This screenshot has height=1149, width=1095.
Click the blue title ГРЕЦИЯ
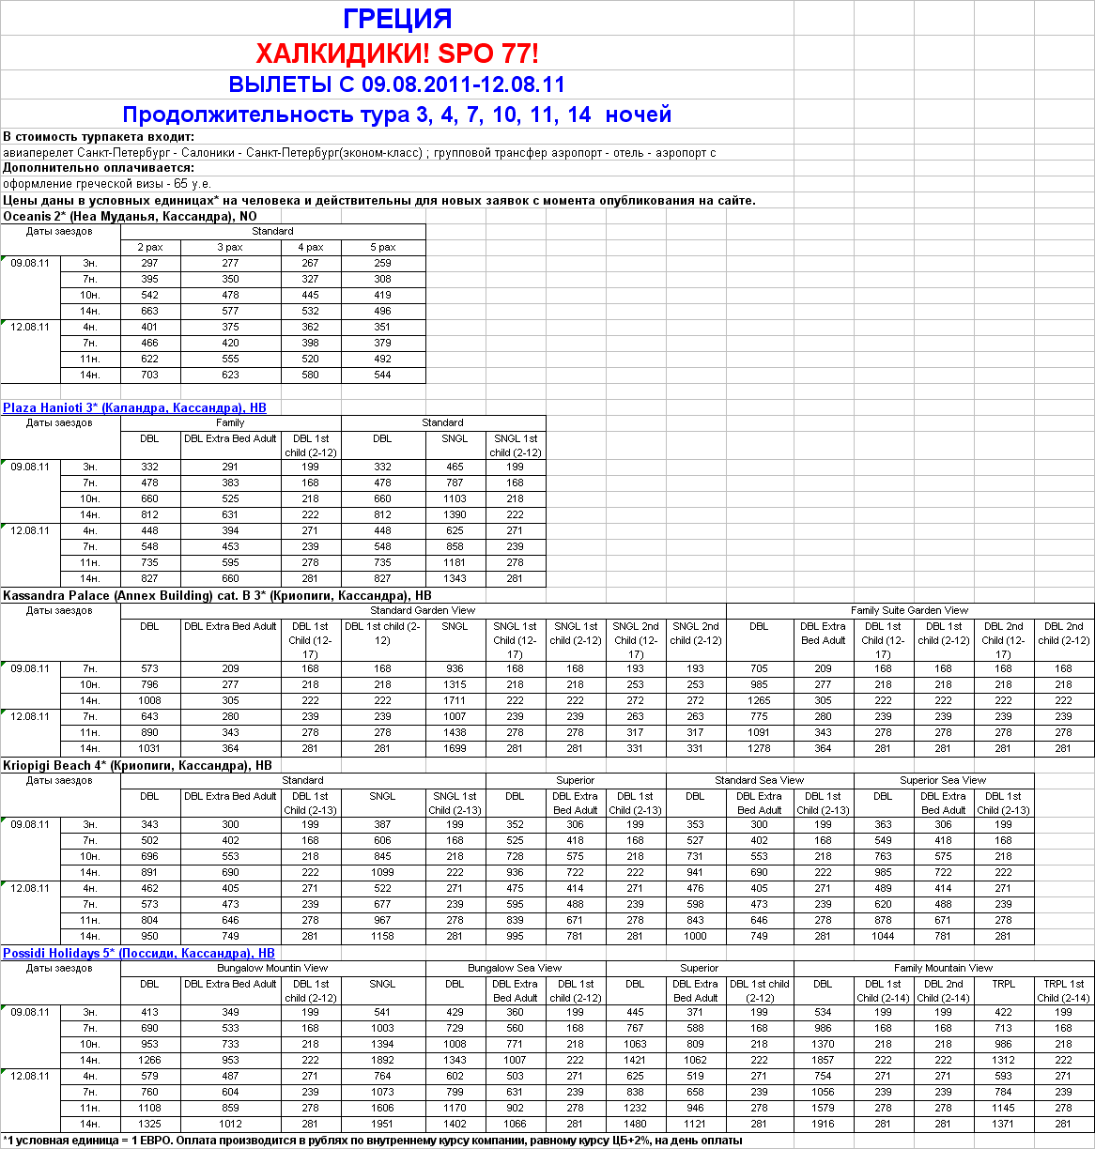[397, 19]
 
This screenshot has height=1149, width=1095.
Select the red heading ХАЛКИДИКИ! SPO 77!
[397, 53]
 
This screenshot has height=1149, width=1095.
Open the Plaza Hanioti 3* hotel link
[134, 408]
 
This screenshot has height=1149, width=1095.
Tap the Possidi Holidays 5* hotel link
[138, 953]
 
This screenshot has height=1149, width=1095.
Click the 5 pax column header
[383, 248]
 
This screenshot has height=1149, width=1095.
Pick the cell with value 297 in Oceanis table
[149, 264]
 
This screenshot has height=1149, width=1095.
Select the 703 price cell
[149, 375]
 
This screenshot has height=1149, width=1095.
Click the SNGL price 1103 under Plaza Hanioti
[455, 499]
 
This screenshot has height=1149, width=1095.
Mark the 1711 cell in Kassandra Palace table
[455, 701]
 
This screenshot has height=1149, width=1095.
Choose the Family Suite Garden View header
[909, 610]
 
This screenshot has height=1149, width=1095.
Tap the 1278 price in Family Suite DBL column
[759, 749]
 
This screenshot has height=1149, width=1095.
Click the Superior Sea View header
[943, 780]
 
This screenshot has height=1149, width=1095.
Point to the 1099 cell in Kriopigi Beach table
[382, 873]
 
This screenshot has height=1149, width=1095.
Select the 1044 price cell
[883, 937]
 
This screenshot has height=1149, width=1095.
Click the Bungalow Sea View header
[515, 968]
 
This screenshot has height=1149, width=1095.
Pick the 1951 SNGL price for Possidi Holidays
[382, 1125]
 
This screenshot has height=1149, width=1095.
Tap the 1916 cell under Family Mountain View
[823, 1125]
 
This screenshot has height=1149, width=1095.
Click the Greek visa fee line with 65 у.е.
[107, 184]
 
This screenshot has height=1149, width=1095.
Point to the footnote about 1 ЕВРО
[372, 1141]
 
